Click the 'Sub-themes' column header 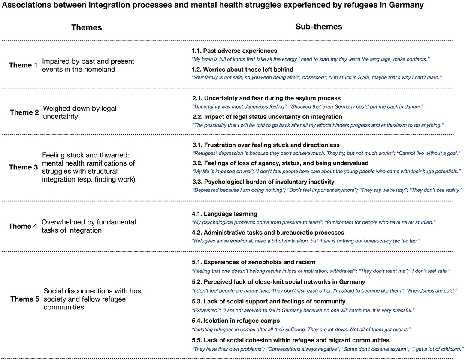[x=319, y=27]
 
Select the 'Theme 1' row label [x=23, y=65]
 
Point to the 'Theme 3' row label [x=23, y=167]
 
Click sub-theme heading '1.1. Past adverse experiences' [x=234, y=51]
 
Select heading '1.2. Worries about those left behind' [x=242, y=70]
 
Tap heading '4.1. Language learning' [x=224, y=213]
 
